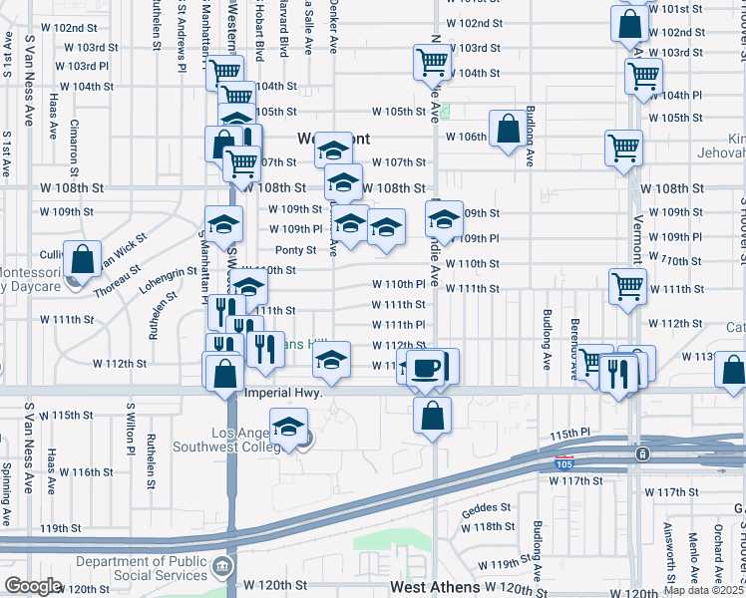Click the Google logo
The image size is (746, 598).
pyautogui.click(x=33, y=586)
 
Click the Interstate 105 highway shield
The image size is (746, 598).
pyautogui.click(x=564, y=462)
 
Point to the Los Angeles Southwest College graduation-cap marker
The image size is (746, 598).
pyautogui.click(x=288, y=430)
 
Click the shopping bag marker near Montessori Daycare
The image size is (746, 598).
pyautogui.click(x=83, y=259)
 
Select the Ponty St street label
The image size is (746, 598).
pyautogui.click(x=296, y=249)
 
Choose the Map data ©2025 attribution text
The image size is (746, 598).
pyautogui.click(x=702, y=589)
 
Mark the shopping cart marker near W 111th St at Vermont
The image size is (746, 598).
pyautogui.click(x=626, y=285)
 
